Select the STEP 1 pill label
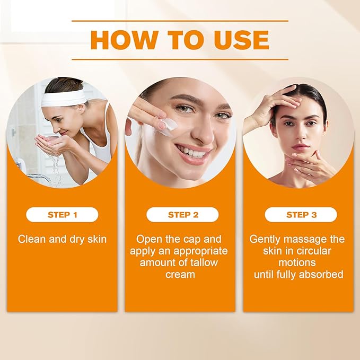click(x=62, y=215)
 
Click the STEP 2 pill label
click(x=183, y=215)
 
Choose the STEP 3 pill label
click(x=301, y=215)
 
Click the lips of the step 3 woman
click(x=301, y=147)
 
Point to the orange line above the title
click(x=180, y=21)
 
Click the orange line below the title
click(x=180, y=59)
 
